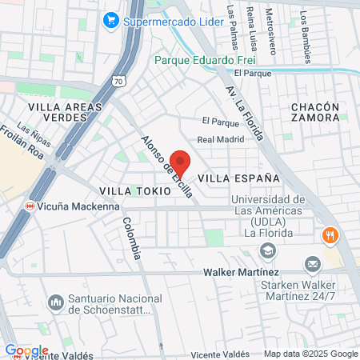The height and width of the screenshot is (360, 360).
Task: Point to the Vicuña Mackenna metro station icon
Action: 30,205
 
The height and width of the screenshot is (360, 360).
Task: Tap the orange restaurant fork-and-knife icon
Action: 330,235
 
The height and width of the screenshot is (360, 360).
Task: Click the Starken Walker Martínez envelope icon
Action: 312,263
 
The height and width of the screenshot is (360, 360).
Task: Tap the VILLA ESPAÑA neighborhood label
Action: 238,178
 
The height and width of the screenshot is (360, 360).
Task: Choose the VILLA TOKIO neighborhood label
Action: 135,192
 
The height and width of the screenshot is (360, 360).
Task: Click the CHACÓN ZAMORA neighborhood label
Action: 315,112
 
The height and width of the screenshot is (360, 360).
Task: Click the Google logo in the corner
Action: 26,350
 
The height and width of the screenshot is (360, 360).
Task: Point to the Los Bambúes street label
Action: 306,36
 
